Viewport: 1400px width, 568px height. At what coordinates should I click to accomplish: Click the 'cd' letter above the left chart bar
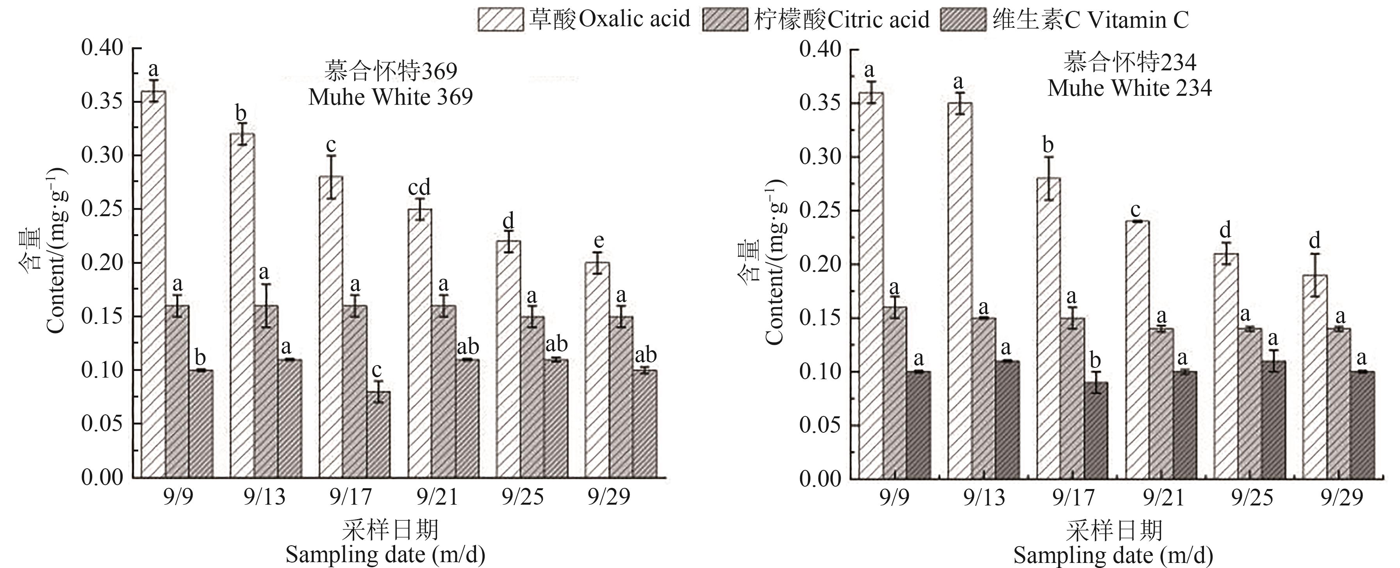419,188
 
